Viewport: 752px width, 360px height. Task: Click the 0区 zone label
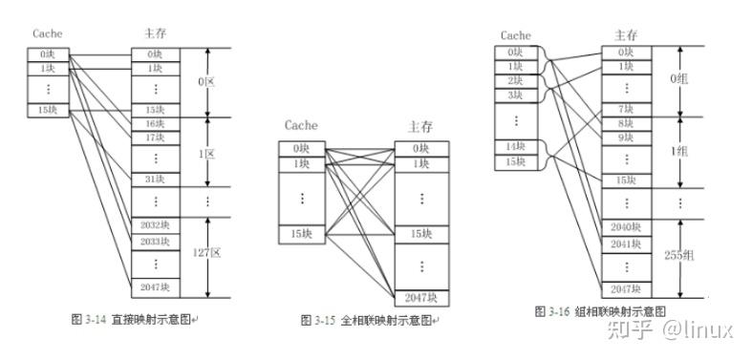[206, 83]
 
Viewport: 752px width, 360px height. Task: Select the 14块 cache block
[517, 145]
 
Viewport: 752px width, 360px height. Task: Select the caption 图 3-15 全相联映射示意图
[369, 320]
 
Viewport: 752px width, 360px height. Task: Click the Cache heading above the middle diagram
[301, 125]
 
